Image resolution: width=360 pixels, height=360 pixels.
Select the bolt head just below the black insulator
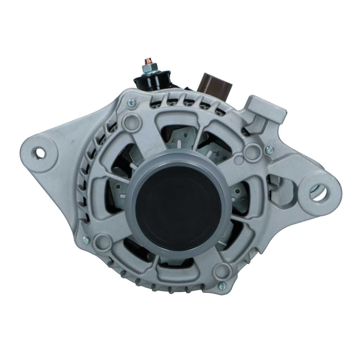tap(132, 103)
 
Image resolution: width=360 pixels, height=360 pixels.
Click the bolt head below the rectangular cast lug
tap(269, 150)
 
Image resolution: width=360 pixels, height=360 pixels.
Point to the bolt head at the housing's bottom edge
tap(222, 286)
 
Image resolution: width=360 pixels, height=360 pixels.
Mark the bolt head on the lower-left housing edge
tap(85, 240)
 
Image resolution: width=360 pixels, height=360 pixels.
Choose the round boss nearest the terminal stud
tap(131, 122)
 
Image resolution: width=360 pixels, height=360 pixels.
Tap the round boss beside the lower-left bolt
tap(103, 242)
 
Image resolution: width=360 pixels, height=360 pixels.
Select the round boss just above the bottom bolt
tap(222, 271)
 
